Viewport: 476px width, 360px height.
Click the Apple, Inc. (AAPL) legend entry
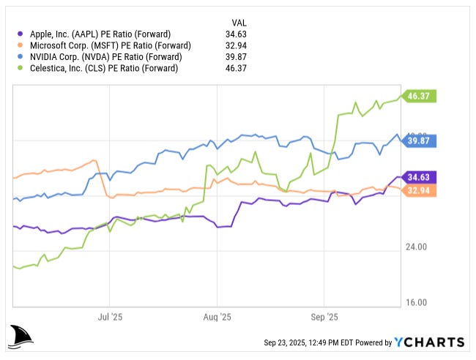100,34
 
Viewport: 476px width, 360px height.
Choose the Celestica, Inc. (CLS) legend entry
103,69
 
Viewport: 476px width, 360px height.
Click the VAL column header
239,22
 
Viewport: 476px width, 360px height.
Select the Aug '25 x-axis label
217,318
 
